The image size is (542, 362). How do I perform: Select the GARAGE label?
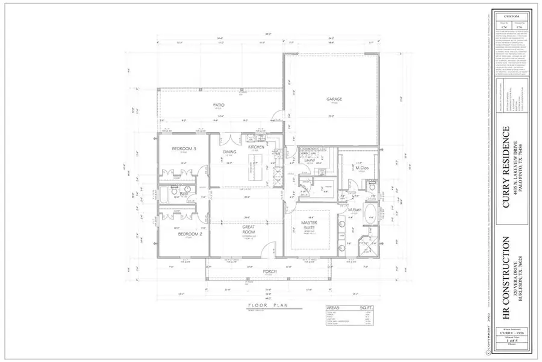coord(334,99)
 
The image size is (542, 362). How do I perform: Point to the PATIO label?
coord(219,105)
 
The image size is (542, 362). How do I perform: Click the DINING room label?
coord(229,152)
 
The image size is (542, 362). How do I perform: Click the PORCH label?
coord(269,272)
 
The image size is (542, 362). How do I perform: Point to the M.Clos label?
coord(361,167)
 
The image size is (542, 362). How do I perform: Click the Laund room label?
coord(310,160)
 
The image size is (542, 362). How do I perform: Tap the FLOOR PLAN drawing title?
coord(269,306)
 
